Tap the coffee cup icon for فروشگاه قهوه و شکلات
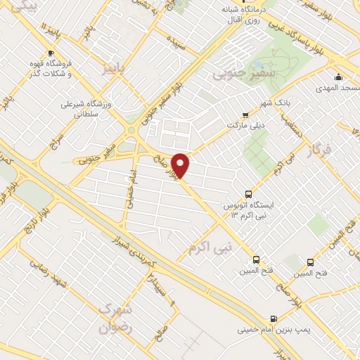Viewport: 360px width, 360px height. (51, 53)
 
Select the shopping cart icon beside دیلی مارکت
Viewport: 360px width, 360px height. (245, 115)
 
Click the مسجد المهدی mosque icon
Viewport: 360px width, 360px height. (338, 77)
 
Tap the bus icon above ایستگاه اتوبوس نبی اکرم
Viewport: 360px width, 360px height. (247, 193)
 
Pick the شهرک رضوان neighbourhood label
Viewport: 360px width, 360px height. (115, 317)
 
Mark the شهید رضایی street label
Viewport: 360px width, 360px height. (58, 280)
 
